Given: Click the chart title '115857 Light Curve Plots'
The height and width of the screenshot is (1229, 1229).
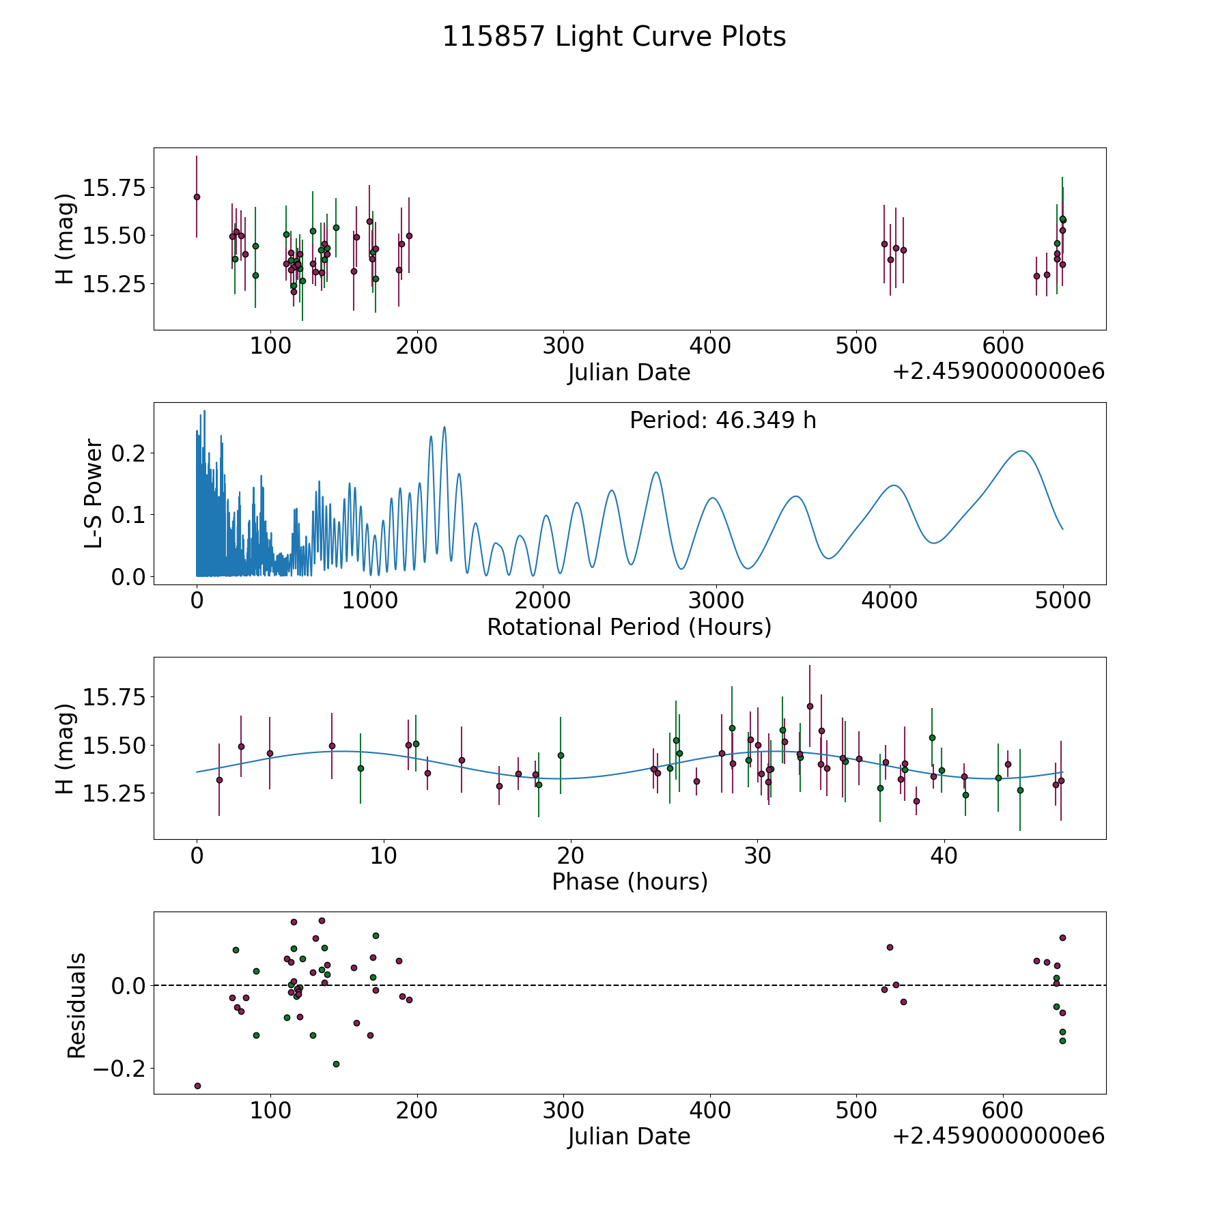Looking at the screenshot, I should tap(614, 37).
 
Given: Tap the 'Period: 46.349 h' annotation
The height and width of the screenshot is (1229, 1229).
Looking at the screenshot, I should tap(722, 421).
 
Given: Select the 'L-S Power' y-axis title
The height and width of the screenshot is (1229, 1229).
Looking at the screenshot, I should tap(94, 494).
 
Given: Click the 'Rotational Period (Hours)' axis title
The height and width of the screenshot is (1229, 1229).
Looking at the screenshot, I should tap(629, 627).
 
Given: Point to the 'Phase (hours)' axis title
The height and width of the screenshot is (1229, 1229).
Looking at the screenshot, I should tap(630, 881).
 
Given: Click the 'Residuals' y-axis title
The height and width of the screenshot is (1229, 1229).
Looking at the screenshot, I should tap(76, 1005).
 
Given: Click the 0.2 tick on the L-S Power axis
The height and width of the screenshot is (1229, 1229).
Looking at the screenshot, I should tap(127, 453).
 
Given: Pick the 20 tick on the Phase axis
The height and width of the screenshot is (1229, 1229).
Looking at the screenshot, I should tap(570, 856).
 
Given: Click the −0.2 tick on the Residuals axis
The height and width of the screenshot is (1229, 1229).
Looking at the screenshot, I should tap(117, 1069).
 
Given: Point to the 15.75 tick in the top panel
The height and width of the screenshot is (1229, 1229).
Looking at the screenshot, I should tap(113, 187).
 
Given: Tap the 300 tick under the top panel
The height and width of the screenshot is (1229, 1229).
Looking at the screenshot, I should tap(563, 345).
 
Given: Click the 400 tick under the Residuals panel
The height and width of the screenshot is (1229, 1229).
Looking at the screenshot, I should tap(710, 1110).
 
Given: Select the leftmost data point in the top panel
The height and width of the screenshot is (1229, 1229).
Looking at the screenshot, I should tap(197, 197).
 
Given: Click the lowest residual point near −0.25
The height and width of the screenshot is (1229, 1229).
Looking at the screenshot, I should tap(197, 1086).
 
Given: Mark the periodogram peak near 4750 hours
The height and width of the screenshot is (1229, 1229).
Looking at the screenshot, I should tap(1021, 451).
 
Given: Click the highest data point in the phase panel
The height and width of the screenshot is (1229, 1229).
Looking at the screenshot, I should tap(810, 706).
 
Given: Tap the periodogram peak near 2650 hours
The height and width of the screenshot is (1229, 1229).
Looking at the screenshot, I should tap(656, 472).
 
